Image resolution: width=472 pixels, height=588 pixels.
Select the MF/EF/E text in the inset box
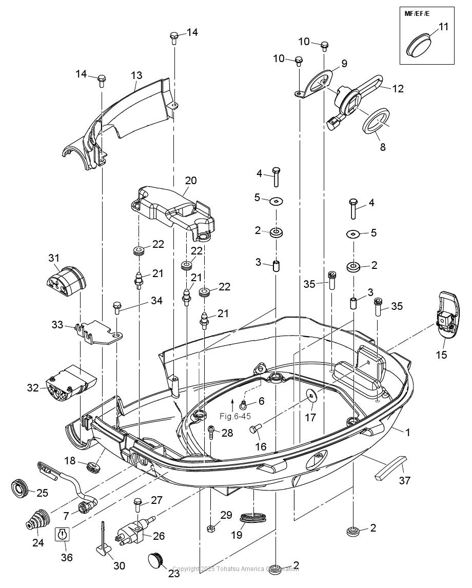pyautogui.click(x=417, y=14)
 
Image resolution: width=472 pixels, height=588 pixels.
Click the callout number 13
pyautogui.click(x=136, y=75)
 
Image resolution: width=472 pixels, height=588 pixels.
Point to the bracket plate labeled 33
pyautogui.click(x=97, y=333)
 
